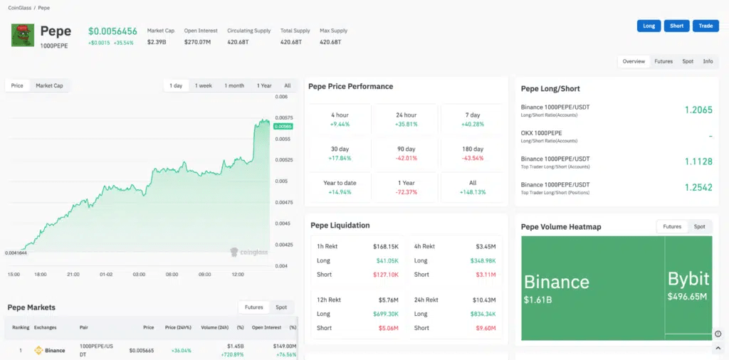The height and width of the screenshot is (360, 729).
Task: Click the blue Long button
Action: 649,26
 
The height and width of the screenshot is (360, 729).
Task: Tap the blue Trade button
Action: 706,26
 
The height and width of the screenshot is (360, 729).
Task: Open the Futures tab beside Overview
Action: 664,61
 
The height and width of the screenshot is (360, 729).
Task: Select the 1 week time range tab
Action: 203,85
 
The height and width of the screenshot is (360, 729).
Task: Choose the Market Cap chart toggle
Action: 49,85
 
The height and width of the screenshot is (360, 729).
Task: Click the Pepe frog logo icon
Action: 23,36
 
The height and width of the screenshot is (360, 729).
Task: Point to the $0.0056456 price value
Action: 112,31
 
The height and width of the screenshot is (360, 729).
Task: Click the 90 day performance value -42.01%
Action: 407,158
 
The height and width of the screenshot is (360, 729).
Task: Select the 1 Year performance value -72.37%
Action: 407,192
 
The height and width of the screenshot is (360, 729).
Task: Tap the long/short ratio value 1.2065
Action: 698,110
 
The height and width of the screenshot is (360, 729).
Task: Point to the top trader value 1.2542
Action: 698,187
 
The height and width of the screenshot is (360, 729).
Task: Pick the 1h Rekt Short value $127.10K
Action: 386,275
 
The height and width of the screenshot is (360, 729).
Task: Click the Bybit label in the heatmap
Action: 688,279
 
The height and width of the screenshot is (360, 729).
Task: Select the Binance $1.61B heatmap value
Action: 538,300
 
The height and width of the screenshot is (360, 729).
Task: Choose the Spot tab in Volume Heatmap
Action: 699,227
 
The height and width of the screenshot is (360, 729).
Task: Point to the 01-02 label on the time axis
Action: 106,275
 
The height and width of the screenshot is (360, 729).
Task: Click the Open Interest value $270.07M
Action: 197,42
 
